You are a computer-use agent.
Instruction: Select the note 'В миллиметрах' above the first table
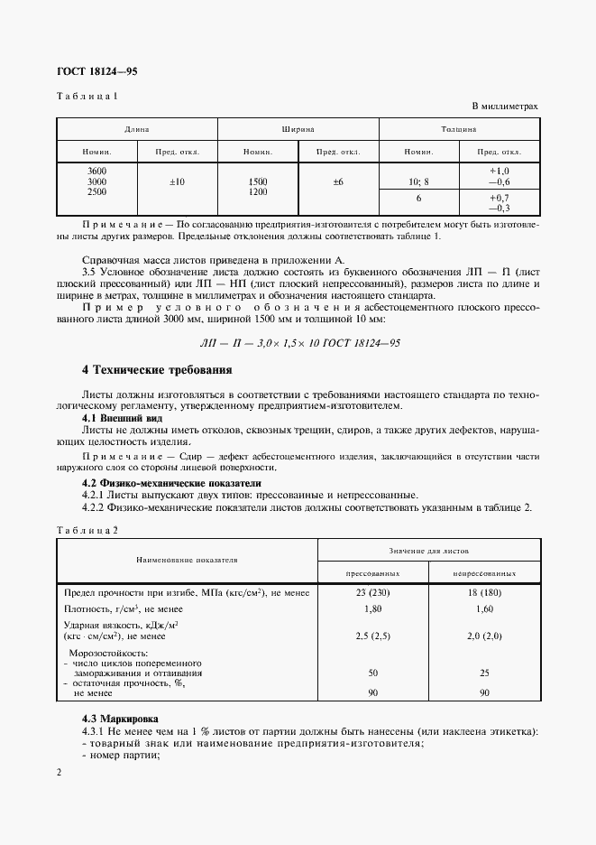click(x=504, y=106)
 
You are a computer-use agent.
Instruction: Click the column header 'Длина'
click(x=137, y=130)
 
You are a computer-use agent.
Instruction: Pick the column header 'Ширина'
click(x=298, y=130)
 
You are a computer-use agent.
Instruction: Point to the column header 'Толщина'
click(x=459, y=130)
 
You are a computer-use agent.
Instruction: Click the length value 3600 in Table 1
click(x=96, y=171)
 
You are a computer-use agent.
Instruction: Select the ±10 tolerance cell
click(x=177, y=182)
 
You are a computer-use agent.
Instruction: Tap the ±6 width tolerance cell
click(x=338, y=182)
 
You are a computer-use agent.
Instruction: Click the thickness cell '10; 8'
click(x=418, y=182)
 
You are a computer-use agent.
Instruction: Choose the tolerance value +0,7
click(x=500, y=197)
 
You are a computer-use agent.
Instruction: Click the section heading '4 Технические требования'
click(x=157, y=370)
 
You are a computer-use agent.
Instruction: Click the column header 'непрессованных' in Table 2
click(x=485, y=573)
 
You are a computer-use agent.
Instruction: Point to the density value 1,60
click(x=485, y=609)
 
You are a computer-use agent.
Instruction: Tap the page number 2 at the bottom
click(x=59, y=773)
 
